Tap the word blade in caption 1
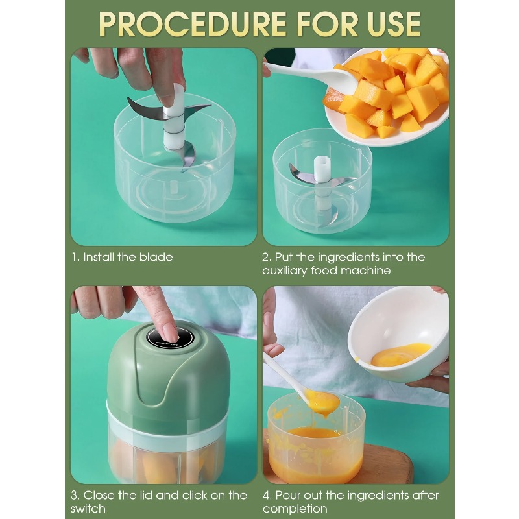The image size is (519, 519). coord(156,258)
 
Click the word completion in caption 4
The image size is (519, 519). coord(296,509)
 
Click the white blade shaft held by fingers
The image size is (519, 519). coord(173,120)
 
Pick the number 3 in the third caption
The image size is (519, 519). coord(74,495)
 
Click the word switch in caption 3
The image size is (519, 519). coord(88,509)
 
